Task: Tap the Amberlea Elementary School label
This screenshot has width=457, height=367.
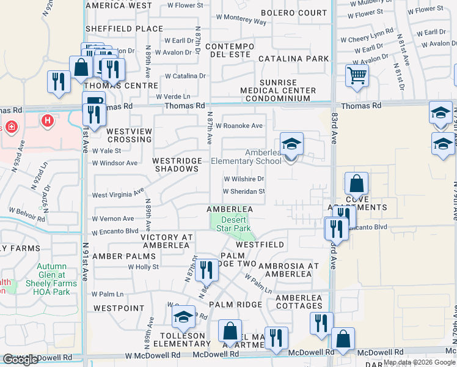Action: coord(246,157)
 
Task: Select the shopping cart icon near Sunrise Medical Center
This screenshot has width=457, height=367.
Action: coord(357,76)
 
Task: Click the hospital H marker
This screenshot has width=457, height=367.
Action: coord(47,120)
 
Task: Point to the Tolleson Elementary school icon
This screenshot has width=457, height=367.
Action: coord(182,318)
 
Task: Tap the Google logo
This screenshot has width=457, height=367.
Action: coord(21,359)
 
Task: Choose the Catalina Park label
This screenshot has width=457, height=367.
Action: coord(293,59)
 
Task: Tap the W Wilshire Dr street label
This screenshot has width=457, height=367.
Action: coord(243,179)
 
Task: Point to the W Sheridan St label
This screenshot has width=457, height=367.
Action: coord(244,191)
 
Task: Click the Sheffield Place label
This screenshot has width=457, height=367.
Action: coord(124,29)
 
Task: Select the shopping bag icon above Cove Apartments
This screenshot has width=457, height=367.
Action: coord(356,183)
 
